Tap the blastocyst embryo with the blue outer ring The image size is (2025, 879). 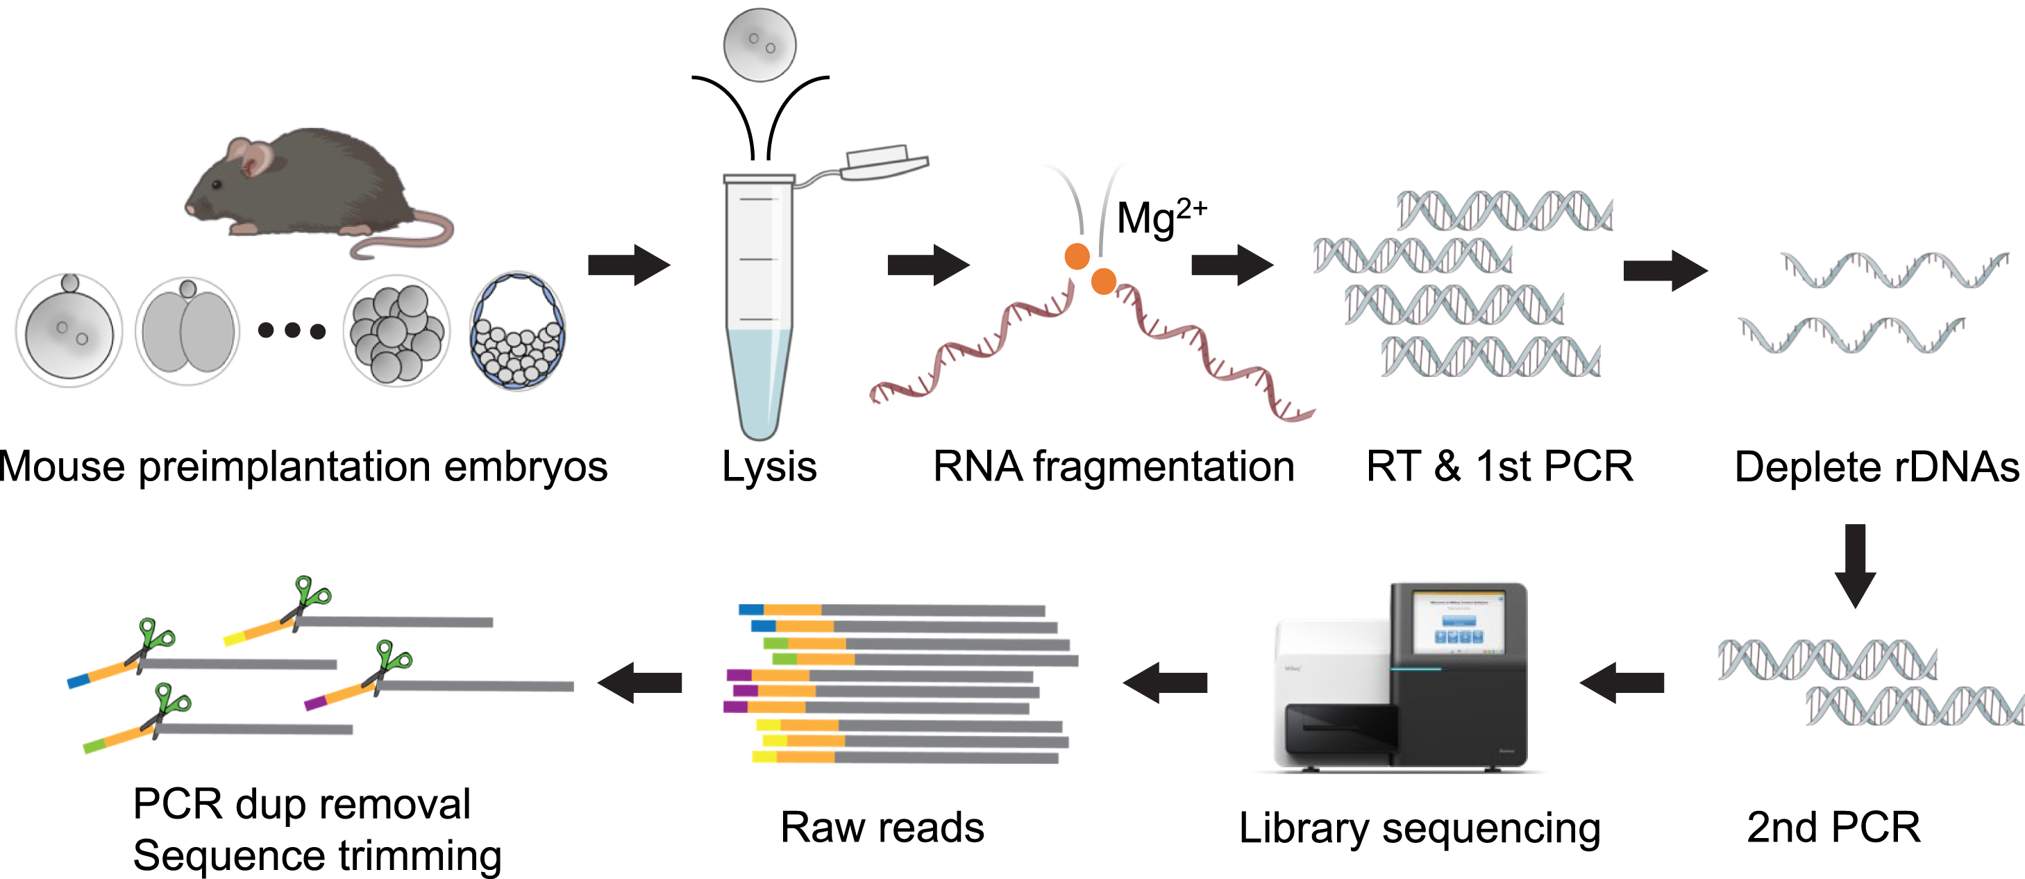[517, 331]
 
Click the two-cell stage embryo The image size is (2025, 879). [188, 331]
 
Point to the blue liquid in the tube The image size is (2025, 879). [759, 378]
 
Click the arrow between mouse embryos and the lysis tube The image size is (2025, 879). [628, 265]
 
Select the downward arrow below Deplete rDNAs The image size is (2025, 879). [1855, 564]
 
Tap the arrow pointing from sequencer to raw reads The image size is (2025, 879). [1164, 683]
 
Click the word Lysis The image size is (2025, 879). [768, 467]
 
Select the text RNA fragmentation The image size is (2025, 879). [1113, 467]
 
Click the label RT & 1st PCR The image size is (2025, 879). [1499, 467]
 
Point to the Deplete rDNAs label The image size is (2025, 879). [1876, 467]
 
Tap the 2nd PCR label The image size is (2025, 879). [1833, 828]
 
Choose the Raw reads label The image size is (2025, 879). [882, 828]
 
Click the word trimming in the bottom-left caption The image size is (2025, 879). [420, 855]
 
